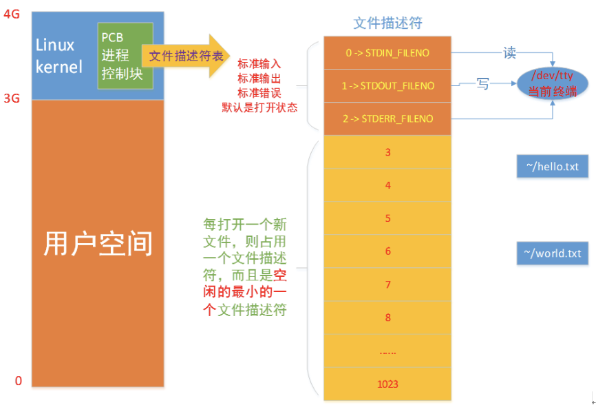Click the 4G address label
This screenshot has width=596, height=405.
point(12,14)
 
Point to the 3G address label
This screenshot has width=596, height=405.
point(12,98)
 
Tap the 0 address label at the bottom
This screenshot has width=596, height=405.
point(19,381)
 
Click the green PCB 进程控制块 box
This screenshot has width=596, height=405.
point(125,56)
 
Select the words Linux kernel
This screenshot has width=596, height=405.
point(59,56)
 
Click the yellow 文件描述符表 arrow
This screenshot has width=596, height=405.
point(186,56)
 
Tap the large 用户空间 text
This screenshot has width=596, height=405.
point(98,243)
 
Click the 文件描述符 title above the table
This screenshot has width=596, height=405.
point(387,23)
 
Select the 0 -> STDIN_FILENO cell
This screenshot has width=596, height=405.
point(387,53)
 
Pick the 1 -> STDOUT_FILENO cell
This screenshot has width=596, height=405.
point(387,86)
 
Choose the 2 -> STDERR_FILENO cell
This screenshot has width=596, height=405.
point(387,118)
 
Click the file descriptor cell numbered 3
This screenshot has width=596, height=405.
point(387,152)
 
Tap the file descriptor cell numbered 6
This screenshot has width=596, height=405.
point(387,251)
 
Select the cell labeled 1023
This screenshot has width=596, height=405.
point(387,384)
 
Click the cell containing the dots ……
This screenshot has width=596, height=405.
point(387,351)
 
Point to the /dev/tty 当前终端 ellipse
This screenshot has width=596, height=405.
point(552,83)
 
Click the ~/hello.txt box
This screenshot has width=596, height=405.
point(552,166)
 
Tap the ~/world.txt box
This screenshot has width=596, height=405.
point(552,253)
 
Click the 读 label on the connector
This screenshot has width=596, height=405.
point(510,53)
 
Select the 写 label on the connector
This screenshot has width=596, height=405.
point(482,83)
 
